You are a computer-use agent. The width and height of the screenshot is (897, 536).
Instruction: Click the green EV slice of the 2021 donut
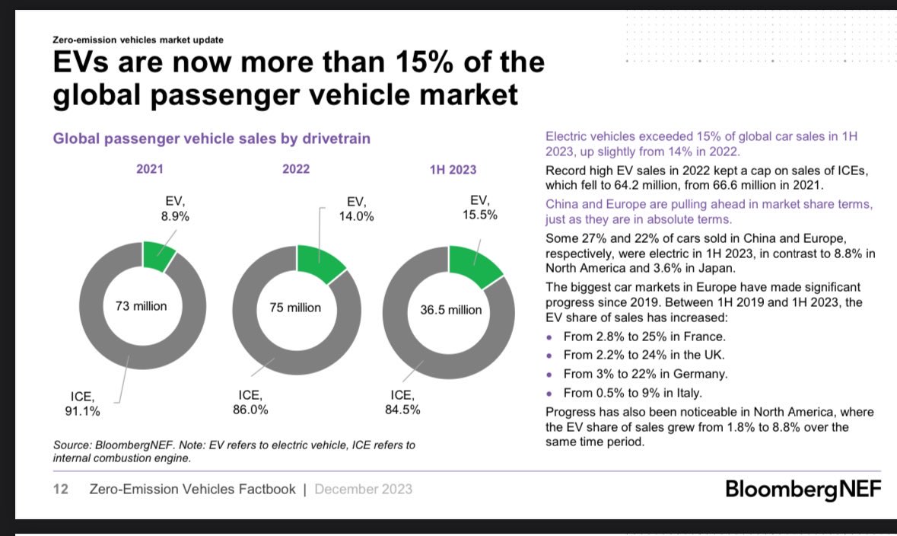(158, 257)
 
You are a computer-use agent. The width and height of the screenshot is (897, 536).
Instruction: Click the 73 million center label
(141, 307)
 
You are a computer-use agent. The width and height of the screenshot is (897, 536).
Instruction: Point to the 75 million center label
(295, 308)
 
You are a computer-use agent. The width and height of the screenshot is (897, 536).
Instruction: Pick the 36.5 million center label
(451, 310)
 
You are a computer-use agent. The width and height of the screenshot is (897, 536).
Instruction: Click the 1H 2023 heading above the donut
(453, 169)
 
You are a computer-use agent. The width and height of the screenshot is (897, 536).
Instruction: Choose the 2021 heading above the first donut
(149, 169)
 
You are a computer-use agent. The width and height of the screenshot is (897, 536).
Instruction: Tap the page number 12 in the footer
(60, 490)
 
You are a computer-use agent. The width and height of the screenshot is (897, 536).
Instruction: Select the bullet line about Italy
(632, 394)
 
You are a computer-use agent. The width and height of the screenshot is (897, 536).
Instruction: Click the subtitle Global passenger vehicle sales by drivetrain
(211, 139)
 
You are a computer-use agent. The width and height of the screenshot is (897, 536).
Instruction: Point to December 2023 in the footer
(363, 490)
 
